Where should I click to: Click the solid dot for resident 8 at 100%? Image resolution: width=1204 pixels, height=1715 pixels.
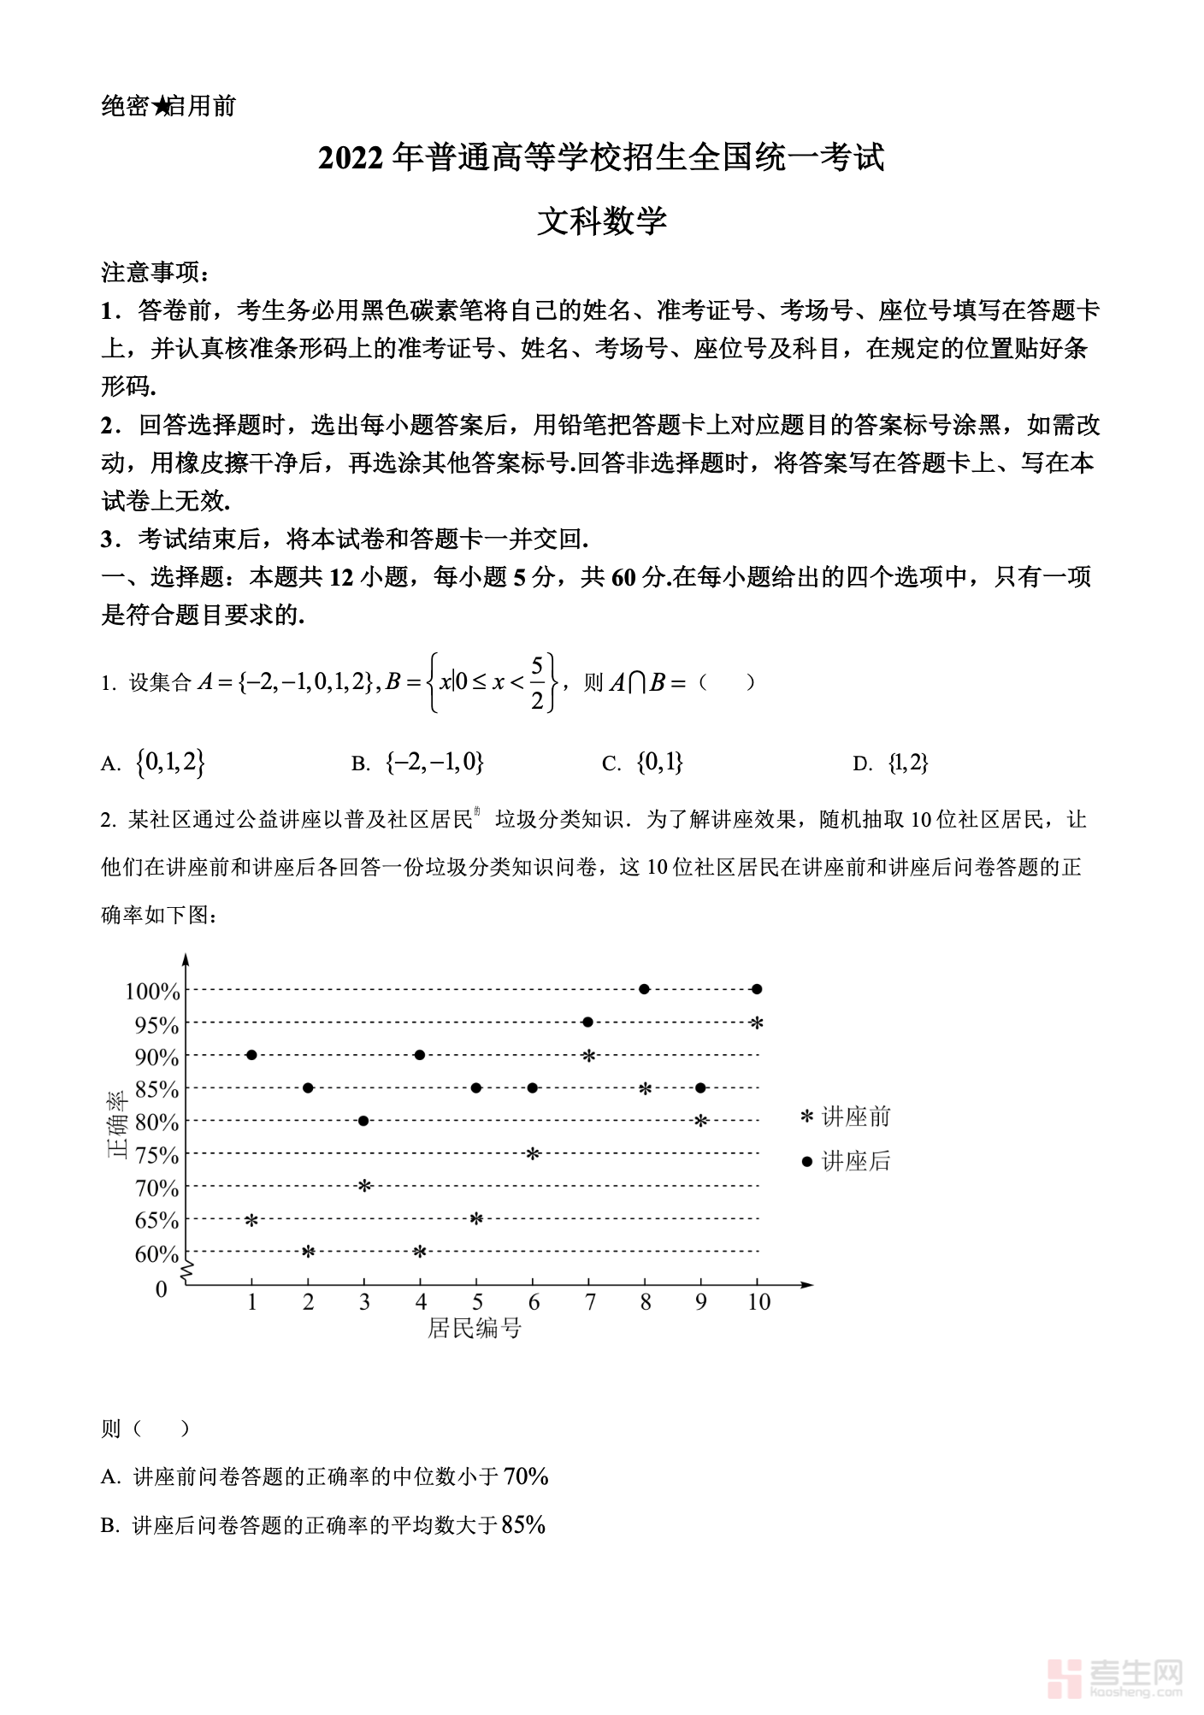click(x=644, y=989)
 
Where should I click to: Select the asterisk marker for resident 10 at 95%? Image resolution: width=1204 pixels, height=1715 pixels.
click(x=756, y=1023)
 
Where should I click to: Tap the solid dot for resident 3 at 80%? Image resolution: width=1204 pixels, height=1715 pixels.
click(x=363, y=1121)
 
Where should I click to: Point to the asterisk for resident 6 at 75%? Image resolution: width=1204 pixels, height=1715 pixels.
click(x=532, y=1154)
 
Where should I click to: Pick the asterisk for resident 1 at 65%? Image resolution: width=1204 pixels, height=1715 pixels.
click(x=251, y=1220)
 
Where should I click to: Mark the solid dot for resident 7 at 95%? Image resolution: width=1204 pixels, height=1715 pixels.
click(x=587, y=1022)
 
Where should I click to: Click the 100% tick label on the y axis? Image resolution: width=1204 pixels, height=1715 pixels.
click(x=153, y=992)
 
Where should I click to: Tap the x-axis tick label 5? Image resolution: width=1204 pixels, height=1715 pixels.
click(x=477, y=1302)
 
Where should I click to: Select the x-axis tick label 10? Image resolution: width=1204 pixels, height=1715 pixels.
click(x=758, y=1302)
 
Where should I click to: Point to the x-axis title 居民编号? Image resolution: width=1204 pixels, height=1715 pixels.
click(x=475, y=1329)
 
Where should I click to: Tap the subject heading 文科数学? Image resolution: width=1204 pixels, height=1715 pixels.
click(x=601, y=221)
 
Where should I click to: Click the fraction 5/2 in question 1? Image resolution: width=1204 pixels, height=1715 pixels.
click(x=537, y=682)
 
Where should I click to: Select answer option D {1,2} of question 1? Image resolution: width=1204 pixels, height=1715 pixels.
click(x=908, y=763)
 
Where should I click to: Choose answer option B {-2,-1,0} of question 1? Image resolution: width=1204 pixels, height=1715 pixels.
click(x=434, y=763)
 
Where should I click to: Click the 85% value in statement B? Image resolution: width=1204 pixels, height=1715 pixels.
click(x=523, y=1525)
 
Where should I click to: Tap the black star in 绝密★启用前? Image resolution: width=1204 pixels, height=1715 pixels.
click(x=161, y=107)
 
